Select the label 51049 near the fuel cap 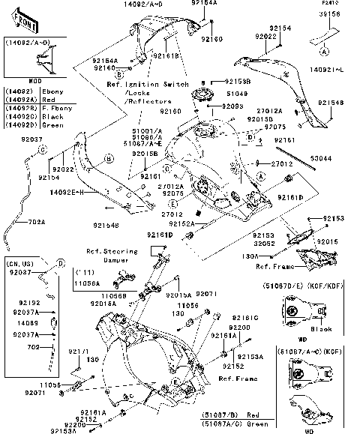[x=236, y=93]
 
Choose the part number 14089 [x=28, y=324]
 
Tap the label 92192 [x=28, y=304]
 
